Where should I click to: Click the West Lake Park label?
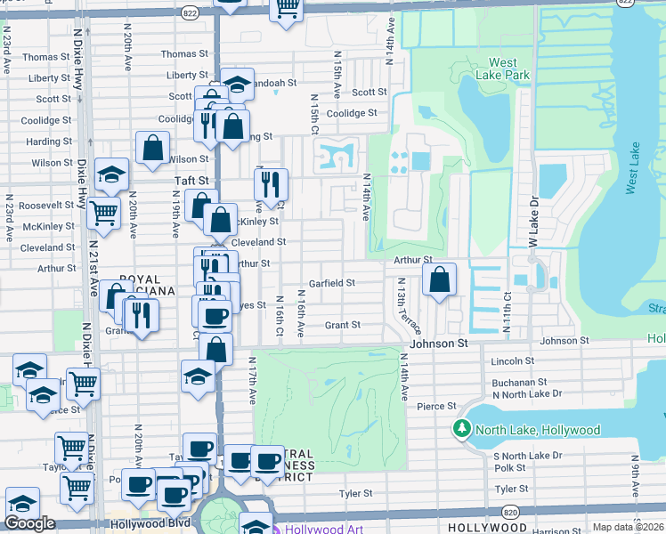(502, 69)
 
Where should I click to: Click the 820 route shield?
(509, 513)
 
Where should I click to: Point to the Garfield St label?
(331, 283)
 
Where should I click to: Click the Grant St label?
(342, 326)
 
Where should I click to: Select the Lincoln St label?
(512, 361)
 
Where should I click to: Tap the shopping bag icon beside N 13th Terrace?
(439, 279)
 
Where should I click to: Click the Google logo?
(29, 523)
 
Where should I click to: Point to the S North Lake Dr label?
(528, 456)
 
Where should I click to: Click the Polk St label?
(510, 467)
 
